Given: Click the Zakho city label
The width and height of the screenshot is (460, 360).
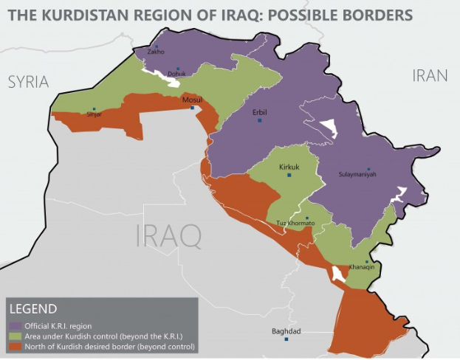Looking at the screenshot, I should [155, 52].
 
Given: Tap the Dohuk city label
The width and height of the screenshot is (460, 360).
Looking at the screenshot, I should [176, 74].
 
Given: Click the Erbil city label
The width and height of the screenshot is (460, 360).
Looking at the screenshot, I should [259, 112].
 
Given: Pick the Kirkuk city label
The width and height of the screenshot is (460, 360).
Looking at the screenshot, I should [289, 167].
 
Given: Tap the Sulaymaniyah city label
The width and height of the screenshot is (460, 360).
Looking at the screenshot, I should [357, 174].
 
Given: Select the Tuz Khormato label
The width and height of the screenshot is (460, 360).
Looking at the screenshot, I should [295, 223].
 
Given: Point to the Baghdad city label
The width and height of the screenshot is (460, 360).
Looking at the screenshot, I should [286, 331].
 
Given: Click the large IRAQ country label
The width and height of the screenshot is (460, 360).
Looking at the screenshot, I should [168, 236].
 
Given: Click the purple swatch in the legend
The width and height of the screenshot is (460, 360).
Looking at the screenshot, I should [14, 325].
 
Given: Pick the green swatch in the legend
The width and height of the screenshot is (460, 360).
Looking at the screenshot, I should [14, 336].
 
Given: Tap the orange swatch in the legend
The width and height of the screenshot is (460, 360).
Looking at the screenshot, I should [14, 346].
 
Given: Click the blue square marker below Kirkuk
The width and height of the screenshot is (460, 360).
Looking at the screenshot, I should [289, 176].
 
